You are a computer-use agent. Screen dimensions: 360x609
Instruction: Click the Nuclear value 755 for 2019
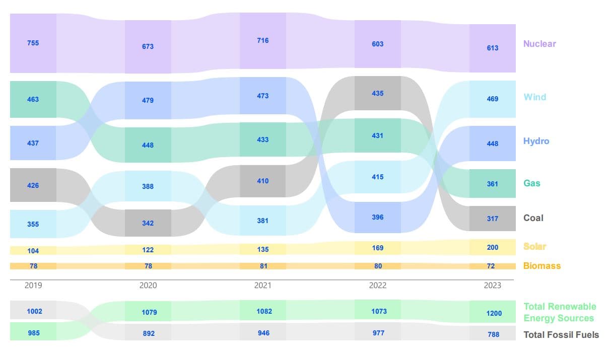[x=33, y=43]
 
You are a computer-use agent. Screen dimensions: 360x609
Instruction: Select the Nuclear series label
[x=539, y=44]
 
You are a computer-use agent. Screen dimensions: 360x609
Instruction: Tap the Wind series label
[x=534, y=97]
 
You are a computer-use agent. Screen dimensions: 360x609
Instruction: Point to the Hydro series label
[x=536, y=141]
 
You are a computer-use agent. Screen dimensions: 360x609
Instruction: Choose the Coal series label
[x=533, y=218]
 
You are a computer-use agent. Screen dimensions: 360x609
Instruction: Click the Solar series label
[x=534, y=246]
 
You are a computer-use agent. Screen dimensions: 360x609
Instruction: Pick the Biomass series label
[x=542, y=266]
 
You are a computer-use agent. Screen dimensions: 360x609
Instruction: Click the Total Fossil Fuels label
[x=561, y=334]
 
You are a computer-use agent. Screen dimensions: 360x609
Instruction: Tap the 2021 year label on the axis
[x=262, y=285]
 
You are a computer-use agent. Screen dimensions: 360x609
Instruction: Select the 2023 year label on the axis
[x=492, y=285]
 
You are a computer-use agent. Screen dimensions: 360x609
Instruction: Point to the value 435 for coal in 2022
[x=377, y=93]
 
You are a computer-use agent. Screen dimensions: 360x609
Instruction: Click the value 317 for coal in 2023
[x=492, y=219]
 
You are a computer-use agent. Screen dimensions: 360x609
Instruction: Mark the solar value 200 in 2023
[x=492, y=247]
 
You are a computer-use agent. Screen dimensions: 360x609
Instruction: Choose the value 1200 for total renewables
[x=494, y=313]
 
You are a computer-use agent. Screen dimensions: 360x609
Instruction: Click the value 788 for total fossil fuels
[x=493, y=334]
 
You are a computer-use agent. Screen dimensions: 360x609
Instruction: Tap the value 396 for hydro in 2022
[x=377, y=217]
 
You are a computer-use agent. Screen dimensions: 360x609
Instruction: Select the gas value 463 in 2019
[x=33, y=99]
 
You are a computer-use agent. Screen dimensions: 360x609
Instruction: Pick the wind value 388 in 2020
[x=148, y=186]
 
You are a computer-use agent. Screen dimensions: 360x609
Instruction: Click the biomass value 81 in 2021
[x=262, y=266]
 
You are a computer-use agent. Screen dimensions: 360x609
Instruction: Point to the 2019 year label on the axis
[x=33, y=285]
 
